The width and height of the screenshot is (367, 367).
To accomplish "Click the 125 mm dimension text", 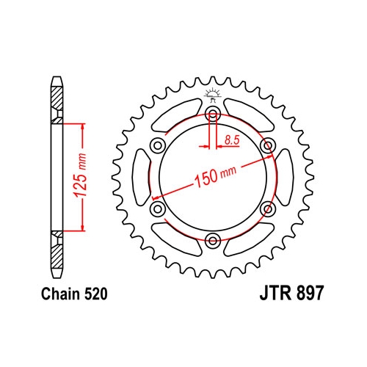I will (x=82, y=175).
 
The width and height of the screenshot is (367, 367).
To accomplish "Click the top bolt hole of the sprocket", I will (x=213, y=112).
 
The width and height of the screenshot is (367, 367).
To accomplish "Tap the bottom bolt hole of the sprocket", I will (x=213, y=240).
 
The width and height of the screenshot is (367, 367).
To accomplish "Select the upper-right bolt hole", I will (x=268, y=145).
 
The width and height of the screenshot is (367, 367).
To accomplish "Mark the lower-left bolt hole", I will (x=157, y=208).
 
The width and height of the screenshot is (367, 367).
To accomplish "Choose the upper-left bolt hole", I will (x=157, y=145).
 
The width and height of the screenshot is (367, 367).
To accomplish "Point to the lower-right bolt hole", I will (x=268, y=208).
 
